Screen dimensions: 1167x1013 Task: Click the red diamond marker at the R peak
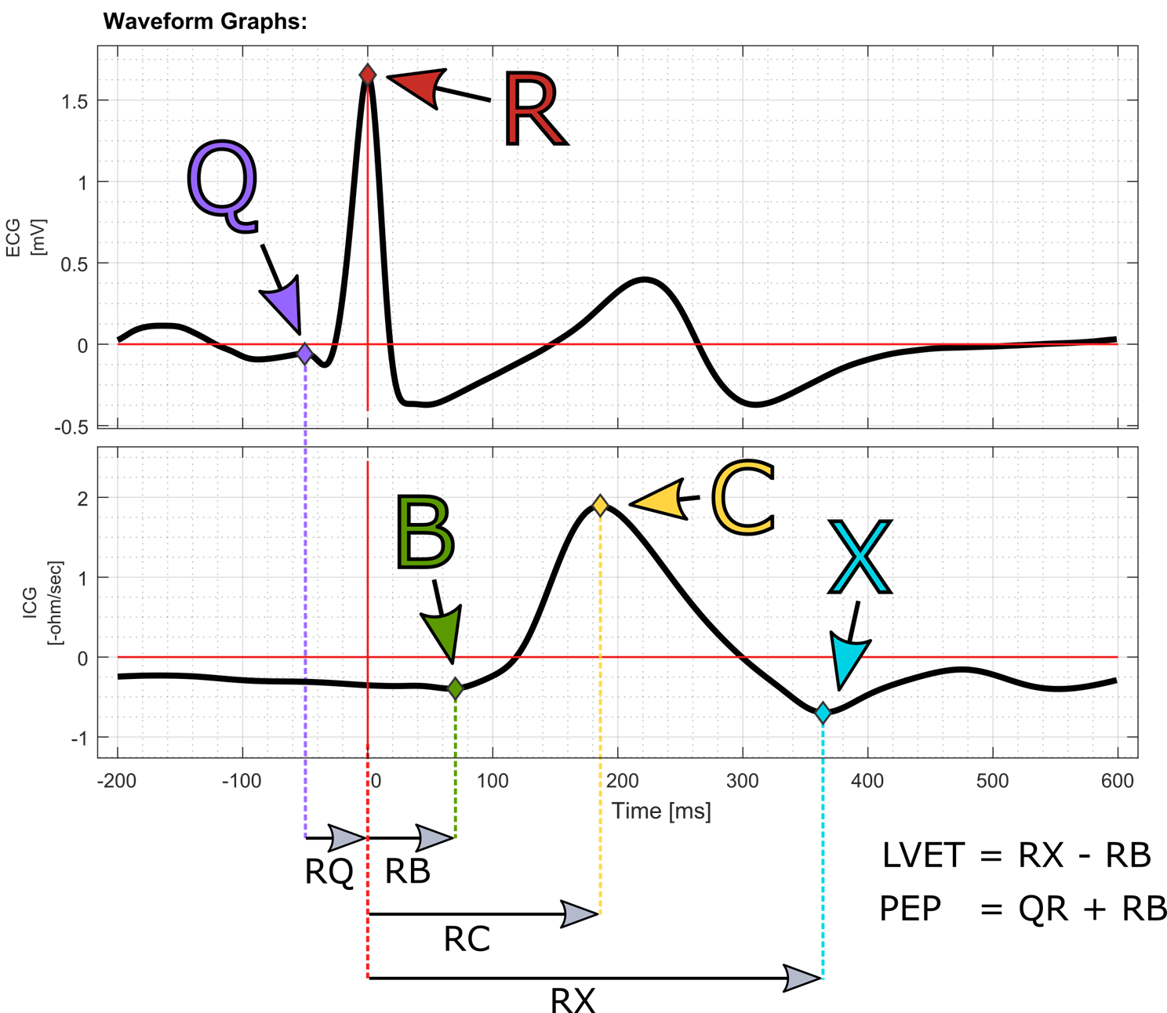tap(368, 74)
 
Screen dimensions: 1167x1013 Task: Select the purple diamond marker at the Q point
tap(305, 354)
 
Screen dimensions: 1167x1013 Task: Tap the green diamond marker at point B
tap(455, 688)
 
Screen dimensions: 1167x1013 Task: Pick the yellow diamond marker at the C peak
tap(600, 505)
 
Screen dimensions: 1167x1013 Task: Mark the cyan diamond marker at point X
tap(823, 713)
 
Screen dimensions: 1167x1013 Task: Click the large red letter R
tap(535, 108)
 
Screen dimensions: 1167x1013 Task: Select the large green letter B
tap(425, 532)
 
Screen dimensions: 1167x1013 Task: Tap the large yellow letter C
tap(743, 497)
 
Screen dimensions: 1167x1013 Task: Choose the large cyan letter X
tap(860, 557)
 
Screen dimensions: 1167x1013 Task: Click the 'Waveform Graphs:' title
tap(205, 22)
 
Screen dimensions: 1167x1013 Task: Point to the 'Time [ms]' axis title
tap(662, 811)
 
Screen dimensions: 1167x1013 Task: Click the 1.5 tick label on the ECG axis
tap(75, 101)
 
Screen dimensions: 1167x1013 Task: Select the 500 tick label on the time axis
tap(992, 781)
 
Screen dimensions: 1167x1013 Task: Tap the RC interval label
tap(467, 939)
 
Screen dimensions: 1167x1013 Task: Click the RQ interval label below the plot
tap(329, 872)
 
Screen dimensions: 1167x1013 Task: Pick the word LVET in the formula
tap(923, 855)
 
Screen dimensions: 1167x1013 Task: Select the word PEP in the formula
tap(911, 908)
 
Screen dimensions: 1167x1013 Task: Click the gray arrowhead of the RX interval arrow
tap(802, 979)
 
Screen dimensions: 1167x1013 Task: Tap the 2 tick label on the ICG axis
tap(83, 498)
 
